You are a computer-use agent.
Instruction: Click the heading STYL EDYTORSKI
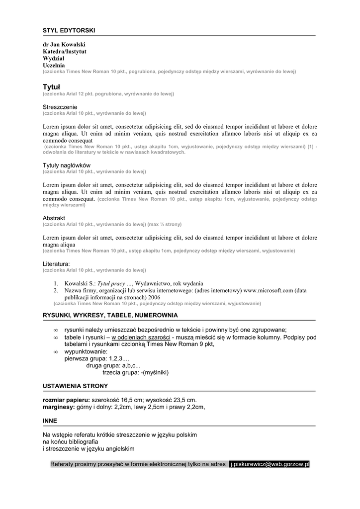coord(69,31)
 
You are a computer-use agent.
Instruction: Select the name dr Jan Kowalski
coord(64,44)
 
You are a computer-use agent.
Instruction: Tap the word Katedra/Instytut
coord(65,51)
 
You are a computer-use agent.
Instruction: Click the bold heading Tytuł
coord(51,86)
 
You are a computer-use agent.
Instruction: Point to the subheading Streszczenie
coord(60,107)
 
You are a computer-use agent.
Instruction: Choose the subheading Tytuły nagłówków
coord(67,165)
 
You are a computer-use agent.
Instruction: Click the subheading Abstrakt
coord(54,218)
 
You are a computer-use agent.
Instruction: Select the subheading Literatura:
coord(56,263)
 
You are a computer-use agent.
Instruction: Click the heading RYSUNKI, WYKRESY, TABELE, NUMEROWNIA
coord(110,315)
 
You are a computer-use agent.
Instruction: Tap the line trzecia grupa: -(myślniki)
coord(135,372)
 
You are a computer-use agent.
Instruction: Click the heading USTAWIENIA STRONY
coord(75,386)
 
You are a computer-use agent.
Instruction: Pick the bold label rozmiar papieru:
coord(66,400)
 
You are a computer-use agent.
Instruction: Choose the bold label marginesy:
coord(59,407)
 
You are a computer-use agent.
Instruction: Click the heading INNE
coord(50,421)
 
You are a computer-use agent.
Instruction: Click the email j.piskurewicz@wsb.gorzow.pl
coord(270,464)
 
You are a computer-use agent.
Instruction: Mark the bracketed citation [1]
coord(310,147)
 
